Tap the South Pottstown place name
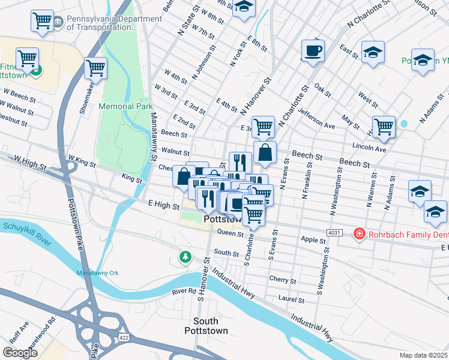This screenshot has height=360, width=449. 210,326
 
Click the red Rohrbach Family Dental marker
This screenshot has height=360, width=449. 360,233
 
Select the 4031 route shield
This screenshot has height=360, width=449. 335,232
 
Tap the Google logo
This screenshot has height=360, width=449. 20,353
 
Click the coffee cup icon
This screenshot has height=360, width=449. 312,50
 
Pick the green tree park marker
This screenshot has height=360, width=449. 185,257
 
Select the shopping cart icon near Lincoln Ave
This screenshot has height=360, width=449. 384,127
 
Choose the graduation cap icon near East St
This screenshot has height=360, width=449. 373,52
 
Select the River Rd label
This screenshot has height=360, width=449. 184,292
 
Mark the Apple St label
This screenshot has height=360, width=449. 313,240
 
